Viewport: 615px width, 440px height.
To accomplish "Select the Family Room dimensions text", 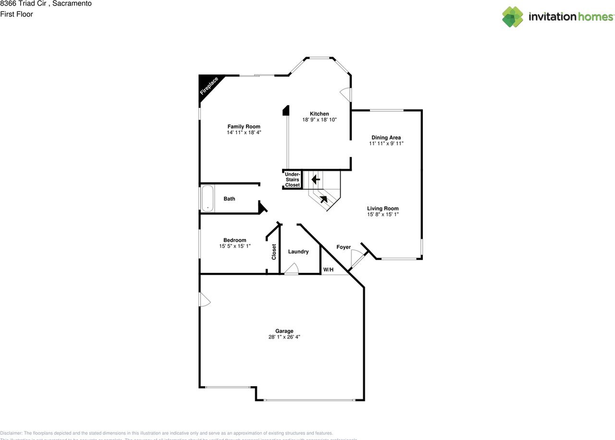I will tap(244, 132).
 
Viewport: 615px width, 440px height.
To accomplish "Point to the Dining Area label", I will tap(386, 138).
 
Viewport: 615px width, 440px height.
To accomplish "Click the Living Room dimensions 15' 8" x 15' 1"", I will tap(383, 214).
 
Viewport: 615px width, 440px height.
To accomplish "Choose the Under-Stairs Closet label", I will tap(292, 179).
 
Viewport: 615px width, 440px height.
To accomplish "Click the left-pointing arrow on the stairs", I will tap(316, 179).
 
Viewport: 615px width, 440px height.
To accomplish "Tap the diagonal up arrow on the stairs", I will tap(324, 199).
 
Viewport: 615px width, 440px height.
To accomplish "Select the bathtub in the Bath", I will tap(207, 199).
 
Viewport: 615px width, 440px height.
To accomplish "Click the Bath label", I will tap(229, 199).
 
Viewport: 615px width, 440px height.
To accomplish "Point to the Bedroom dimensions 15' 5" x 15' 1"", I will tap(234, 246).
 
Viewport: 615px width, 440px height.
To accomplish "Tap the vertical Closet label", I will tap(274, 252).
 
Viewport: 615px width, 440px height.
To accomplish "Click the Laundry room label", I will tap(298, 251).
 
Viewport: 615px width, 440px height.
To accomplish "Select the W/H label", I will tap(328, 270).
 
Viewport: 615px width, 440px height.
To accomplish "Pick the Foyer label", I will tap(343, 247).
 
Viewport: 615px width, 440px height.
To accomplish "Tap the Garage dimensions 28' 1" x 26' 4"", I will tap(284, 337).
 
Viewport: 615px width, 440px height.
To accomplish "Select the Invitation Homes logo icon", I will tap(513, 17).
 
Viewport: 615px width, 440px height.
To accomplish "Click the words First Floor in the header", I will tap(16, 14).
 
